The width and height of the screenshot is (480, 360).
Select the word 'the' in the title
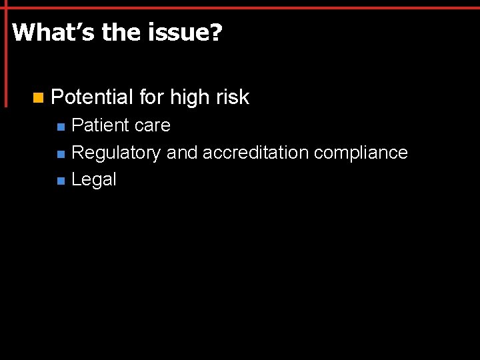122,32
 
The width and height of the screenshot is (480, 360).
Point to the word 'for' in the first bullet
152,97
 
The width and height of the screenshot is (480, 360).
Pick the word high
190,97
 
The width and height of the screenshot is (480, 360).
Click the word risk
232,97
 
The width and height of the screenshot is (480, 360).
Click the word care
152,125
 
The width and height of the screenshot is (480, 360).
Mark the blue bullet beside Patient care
61,127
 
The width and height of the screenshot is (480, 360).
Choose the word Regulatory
116,153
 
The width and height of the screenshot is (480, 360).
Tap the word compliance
361,153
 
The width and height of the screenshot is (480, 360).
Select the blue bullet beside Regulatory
61,154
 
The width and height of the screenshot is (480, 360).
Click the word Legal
94,179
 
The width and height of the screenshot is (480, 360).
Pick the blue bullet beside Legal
61,181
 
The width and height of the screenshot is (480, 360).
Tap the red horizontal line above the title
240,7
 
